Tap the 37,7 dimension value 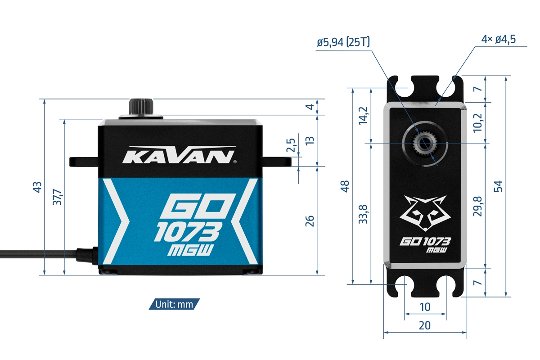click(58, 197)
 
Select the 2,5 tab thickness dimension click(291, 147)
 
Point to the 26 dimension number click(310, 220)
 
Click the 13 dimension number click(310, 140)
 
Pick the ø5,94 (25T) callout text click(343, 42)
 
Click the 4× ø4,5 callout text click(498, 40)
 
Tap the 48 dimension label click(345, 186)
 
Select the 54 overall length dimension click(498, 186)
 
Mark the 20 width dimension click(425, 325)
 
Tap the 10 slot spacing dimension click(425, 307)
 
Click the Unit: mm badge click(174, 304)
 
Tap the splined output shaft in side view click(141, 107)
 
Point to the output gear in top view click(425, 144)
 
